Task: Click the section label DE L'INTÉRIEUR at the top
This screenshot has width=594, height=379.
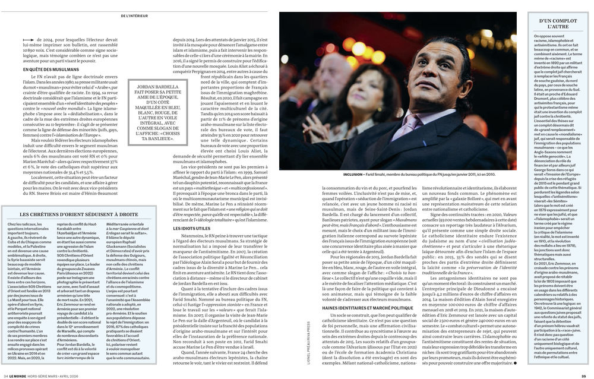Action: click(x=146, y=7)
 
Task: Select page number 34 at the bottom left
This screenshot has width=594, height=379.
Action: click(x=5, y=375)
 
